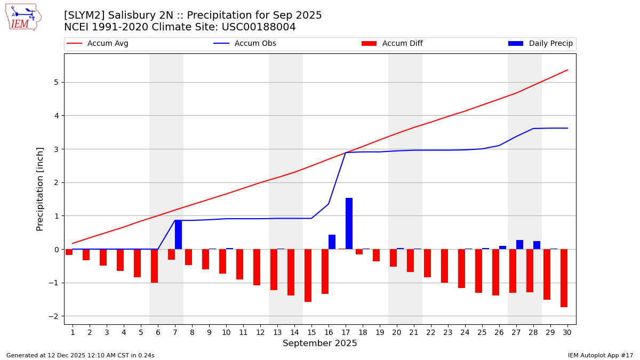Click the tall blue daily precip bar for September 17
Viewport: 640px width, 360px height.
click(349, 223)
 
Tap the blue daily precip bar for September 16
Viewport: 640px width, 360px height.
click(332, 242)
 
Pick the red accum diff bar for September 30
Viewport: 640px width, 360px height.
click(564, 278)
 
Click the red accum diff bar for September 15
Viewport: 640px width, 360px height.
click(308, 275)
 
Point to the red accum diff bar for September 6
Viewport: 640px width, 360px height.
click(154, 266)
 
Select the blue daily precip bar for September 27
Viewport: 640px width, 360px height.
click(519, 245)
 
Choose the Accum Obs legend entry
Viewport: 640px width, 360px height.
click(255, 44)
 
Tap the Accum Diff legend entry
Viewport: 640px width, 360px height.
click(402, 44)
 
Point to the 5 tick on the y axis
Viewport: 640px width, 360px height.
click(55, 82)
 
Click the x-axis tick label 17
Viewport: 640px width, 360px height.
click(346, 332)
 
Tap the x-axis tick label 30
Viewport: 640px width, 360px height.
click(567, 332)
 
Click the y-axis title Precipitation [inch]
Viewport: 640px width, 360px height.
click(40, 189)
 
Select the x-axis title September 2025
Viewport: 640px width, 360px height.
click(320, 343)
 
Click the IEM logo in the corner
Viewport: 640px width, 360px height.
click(23, 17)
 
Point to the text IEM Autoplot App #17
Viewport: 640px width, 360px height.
click(600, 355)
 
